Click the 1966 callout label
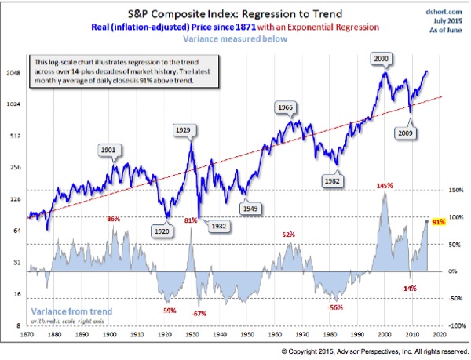(x=287, y=107)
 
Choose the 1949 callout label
(x=250, y=209)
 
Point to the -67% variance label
(x=199, y=314)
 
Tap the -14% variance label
(x=409, y=289)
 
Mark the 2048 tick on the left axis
(x=13, y=71)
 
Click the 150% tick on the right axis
(x=455, y=190)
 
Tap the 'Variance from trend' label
(x=71, y=311)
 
